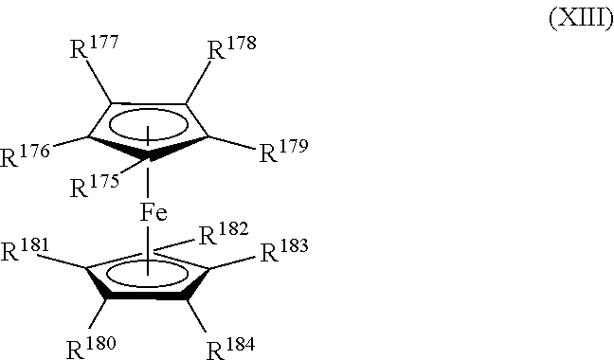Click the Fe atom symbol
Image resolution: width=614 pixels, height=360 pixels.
[x=154, y=213]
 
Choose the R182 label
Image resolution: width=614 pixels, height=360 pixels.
[x=224, y=233]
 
